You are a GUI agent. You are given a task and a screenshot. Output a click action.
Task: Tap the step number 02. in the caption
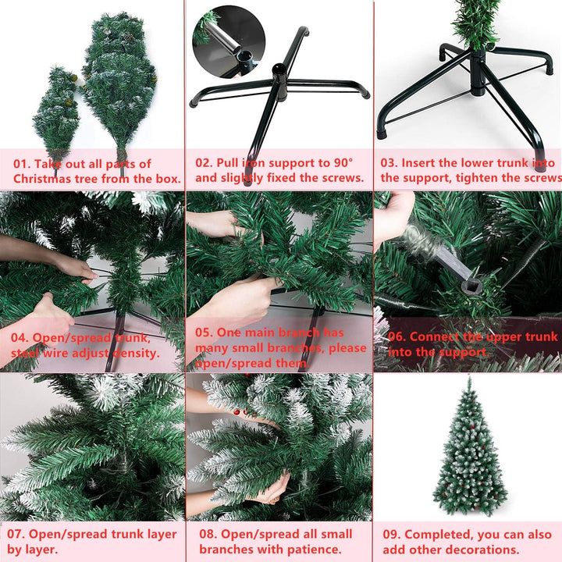205,163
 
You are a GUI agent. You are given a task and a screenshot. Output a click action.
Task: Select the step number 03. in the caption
390,163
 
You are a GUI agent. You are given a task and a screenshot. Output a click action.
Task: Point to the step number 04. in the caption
21,338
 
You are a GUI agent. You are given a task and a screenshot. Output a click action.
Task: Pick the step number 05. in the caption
206,333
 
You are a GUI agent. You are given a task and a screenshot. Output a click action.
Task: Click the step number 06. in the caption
397,337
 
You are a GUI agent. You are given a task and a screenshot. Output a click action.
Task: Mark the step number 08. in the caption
208,535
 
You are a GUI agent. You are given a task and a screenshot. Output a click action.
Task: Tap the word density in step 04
135,352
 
